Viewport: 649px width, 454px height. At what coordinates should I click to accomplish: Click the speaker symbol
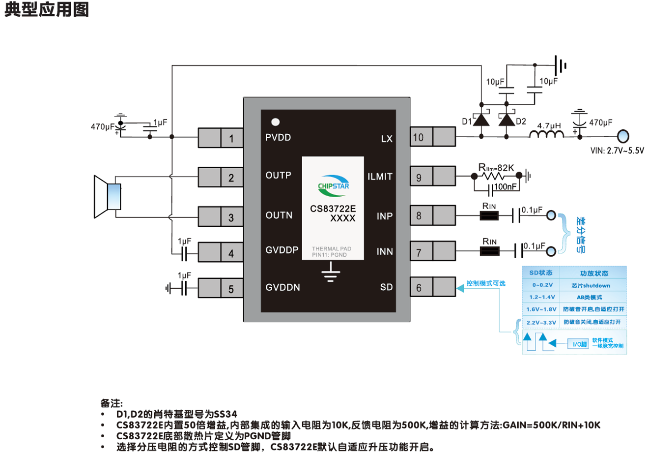pos(108,197)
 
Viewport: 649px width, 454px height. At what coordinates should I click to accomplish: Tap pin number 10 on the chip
pos(418,138)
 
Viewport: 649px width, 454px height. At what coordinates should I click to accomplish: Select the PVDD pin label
pos(278,138)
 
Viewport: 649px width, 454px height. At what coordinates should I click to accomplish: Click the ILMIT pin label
pos(380,177)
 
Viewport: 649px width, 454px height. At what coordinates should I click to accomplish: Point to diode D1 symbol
pos(481,120)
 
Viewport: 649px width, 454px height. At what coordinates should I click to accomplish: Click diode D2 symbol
pos(507,120)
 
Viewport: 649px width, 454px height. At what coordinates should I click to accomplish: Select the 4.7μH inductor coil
pos(547,134)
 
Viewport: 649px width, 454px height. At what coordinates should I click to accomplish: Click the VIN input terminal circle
pos(623,136)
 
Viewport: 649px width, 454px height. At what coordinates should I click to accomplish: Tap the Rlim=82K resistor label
pos(496,168)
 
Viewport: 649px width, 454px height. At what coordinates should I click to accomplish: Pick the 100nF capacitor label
pos(505,186)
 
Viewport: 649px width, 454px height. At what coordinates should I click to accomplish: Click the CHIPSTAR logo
pos(333,185)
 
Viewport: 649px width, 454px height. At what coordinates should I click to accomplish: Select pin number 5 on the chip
pos(231,289)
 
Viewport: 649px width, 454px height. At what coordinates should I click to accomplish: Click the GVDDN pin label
pos(283,287)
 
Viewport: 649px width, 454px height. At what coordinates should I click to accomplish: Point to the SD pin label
pos(386,287)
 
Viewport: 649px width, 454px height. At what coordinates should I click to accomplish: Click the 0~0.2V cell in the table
pos(541,285)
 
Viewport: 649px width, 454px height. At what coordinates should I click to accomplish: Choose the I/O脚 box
pos(578,344)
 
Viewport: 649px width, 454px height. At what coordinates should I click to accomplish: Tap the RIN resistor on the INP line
pos(489,215)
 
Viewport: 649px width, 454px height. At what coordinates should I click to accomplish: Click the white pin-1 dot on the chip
pos(275,122)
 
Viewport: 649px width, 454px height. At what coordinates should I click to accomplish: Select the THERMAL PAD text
pos(332,248)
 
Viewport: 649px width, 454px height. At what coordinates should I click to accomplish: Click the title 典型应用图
pos(47,9)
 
